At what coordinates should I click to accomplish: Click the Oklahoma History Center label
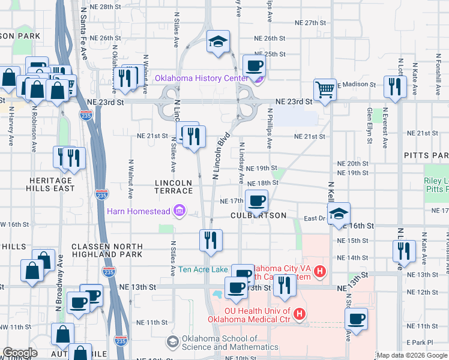click(x=202, y=78)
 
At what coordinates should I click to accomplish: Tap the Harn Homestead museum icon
click(x=178, y=211)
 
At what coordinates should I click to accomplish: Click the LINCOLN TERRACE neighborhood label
click(x=174, y=187)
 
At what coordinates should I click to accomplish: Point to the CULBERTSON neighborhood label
click(x=259, y=215)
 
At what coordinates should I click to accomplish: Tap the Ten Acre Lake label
click(x=203, y=269)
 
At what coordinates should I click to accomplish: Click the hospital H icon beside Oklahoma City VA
click(x=320, y=272)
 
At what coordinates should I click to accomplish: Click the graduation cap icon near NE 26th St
click(x=218, y=41)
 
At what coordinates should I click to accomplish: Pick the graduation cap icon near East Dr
click(x=339, y=214)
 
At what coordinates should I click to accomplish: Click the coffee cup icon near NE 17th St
click(x=257, y=200)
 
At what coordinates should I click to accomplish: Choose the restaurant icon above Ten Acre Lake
click(x=211, y=240)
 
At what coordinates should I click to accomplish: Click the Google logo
click(x=20, y=353)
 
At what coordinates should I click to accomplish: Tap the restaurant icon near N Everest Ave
click(x=396, y=87)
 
